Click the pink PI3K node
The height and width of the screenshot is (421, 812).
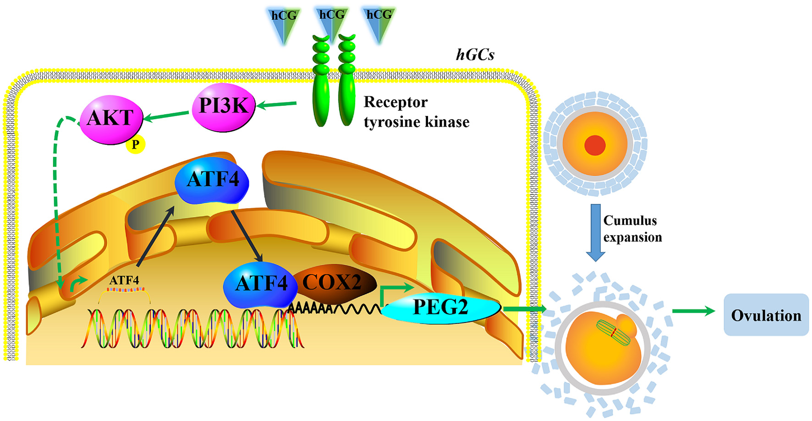223,107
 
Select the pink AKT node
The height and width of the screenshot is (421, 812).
111,119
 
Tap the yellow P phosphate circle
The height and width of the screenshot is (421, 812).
136,144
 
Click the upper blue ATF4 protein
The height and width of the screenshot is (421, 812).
212,180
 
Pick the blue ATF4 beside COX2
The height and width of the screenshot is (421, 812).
258,284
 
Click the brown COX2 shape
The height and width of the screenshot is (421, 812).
333,283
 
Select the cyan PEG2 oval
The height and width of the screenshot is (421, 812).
440,308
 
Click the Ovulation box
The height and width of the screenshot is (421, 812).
766,315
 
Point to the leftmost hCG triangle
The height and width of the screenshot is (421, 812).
284,23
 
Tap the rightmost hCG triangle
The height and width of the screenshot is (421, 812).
379,23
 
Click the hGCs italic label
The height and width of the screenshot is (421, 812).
475,55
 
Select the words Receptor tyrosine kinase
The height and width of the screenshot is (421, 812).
416,112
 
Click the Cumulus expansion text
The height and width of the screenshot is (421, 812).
632,229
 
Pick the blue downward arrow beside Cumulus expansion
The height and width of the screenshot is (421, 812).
595,232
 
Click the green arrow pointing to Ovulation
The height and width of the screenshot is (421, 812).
693,311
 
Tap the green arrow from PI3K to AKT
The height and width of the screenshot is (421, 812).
167,116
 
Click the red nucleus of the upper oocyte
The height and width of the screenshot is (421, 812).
595,145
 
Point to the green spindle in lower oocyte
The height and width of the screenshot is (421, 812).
614,333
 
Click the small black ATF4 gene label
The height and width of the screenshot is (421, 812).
124,280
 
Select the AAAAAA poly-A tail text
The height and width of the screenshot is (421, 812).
310,308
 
